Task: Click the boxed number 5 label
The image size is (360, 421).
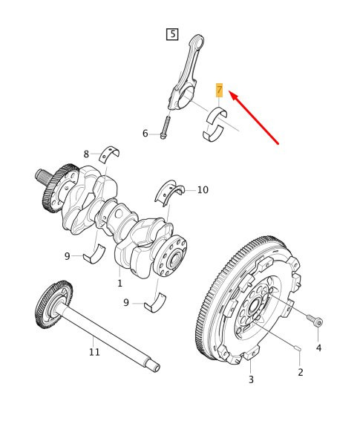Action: (172, 34)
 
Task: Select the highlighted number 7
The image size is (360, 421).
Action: (219, 91)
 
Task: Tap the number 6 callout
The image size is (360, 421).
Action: (145, 134)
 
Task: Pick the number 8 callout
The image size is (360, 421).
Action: (86, 154)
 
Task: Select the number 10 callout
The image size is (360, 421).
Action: (202, 190)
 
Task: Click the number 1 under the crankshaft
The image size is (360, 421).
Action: (119, 283)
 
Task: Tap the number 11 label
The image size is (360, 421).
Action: (94, 351)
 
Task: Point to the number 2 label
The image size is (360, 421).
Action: (300, 371)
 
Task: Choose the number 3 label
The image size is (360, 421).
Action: (251, 379)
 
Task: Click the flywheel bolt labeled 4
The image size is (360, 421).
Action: (314, 319)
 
